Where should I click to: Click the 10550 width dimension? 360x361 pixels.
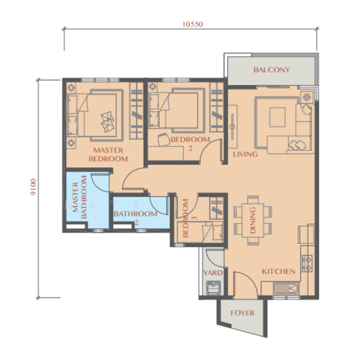(193, 24)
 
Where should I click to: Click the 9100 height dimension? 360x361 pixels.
(33, 187)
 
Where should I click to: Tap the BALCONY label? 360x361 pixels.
(272, 70)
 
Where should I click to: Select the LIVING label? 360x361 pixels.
(245, 154)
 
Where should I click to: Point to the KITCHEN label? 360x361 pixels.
(279, 271)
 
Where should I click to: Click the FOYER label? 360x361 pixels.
(243, 313)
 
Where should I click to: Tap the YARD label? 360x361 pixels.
(213, 273)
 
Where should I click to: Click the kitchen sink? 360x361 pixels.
(287, 289)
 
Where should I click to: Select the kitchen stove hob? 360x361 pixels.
(307, 263)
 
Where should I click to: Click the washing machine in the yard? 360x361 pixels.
(214, 288)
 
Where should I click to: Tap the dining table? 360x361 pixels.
(253, 220)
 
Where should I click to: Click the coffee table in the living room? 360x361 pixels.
(278, 117)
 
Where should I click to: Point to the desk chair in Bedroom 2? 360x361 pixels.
(163, 140)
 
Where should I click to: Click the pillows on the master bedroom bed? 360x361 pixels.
(108, 122)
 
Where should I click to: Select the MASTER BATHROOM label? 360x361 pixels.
(79, 197)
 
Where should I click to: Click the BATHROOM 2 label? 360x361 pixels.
(135, 217)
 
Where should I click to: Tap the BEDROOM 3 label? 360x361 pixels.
(189, 218)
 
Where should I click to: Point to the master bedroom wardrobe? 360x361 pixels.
(136, 111)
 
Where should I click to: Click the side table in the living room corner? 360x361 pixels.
(307, 97)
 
